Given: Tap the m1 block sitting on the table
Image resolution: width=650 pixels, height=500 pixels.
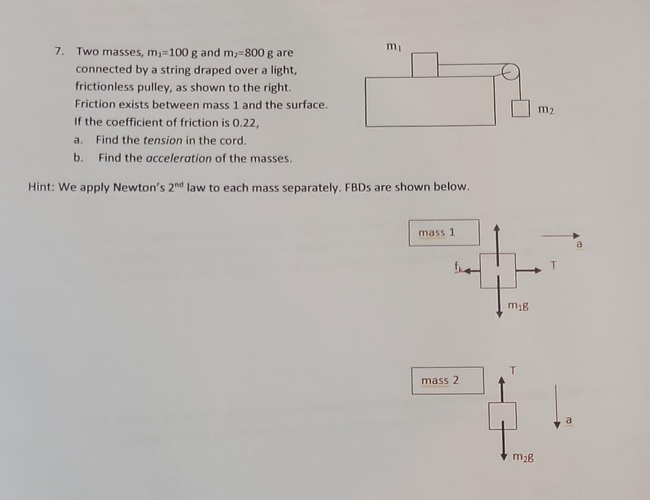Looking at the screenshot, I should coord(425,64).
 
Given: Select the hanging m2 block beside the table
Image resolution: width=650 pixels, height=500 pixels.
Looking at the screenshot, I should coord(520,109).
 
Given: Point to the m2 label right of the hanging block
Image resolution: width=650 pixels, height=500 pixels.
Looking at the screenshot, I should coord(546,110).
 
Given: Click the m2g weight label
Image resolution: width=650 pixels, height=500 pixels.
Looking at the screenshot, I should coord(523,457).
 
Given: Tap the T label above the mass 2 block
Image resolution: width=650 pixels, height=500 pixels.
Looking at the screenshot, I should coord(512,370).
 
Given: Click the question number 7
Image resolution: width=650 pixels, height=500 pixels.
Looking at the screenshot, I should coord(58,51).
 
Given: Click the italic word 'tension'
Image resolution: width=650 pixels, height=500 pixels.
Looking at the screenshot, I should coord(162,140).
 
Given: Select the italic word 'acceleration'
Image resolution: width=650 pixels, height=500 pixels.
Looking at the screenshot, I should coord(179,158).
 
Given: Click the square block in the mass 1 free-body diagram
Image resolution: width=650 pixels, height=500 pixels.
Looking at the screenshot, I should coord(498,270).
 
